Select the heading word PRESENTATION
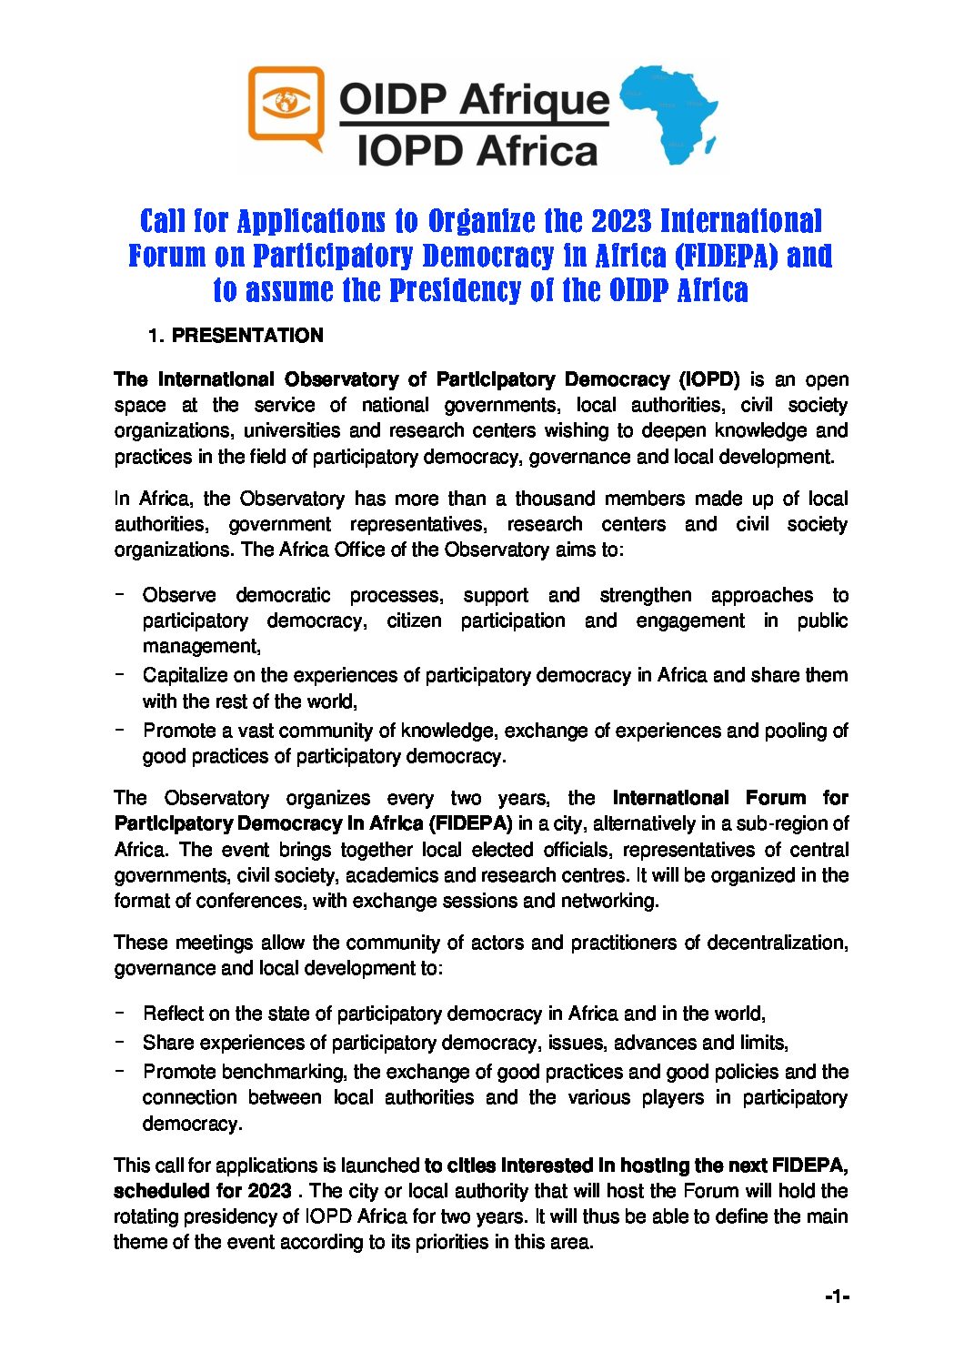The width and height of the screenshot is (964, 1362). pyautogui.click(x=247, y=336)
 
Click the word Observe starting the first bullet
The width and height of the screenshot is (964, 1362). pyautogui.click(x=179, y=595)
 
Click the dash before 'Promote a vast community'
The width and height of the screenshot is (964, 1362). pyautogui.click(x=119, y=730)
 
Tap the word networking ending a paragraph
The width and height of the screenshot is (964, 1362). pyautogui.click(x=609, y=901)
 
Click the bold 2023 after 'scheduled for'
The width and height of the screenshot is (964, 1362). pyautogui.click(x=269, y=1191)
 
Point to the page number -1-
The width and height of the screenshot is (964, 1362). pyautogui.click(x=837, y=1296)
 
